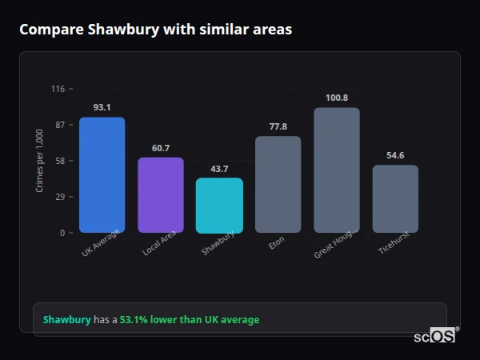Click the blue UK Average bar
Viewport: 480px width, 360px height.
(102, 175)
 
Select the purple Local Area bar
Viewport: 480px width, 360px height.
(161, 195)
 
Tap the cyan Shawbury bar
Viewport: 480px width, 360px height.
(219, 206)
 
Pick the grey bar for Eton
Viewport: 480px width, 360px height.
(278, 185)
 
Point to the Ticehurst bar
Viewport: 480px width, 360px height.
(395, 199)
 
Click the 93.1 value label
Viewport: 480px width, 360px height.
(102, 107)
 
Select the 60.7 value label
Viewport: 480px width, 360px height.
(161, 148)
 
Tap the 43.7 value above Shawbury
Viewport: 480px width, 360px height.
(219, 169)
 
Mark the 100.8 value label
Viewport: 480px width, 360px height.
(337, 98)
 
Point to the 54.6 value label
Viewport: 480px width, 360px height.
(395, 155)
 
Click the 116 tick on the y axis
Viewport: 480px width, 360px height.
(58, 89)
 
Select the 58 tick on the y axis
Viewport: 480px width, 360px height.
(59, 161)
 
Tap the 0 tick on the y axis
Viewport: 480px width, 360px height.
(62, 233)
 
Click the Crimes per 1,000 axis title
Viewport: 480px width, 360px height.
(40, 161)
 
